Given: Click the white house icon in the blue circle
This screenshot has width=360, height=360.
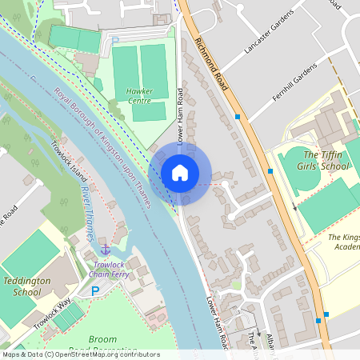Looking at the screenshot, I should [x=180, y=172].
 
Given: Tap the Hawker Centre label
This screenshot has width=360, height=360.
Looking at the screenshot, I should [x=139, y=96].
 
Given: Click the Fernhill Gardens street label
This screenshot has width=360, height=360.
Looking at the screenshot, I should [x=294, y=83].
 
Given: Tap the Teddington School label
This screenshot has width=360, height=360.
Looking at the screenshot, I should [x=27, y=286].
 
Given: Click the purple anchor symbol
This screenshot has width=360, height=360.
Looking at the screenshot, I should [x=104, y=251].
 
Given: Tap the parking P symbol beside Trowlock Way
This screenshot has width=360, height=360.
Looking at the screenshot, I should [x=96, y=291].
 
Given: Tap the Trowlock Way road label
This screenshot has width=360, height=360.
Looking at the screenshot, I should [x=53, y=312].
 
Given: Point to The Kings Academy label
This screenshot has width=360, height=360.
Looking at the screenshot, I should [x=344, y=242].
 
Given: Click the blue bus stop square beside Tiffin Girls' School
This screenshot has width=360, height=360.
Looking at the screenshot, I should [x=270, y=170].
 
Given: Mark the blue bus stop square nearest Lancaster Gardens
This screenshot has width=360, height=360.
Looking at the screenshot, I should [x=238, y=117].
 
